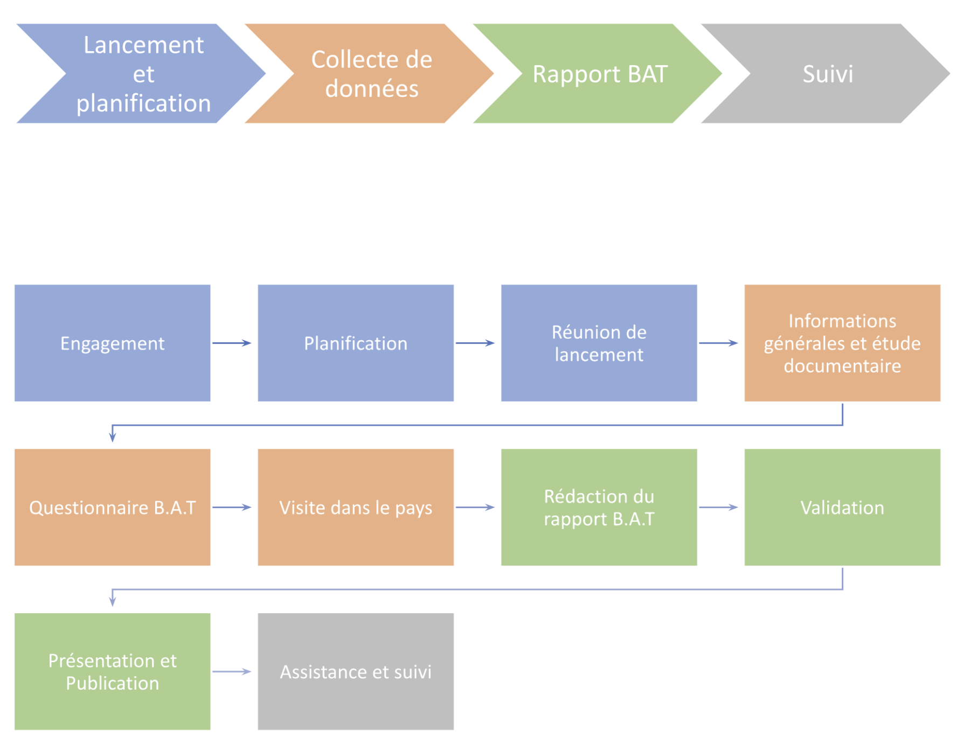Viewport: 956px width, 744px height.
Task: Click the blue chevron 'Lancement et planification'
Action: [143, 74]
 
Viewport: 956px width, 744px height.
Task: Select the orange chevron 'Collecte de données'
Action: [371, 74]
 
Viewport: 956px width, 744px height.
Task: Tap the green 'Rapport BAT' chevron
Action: [600, 74]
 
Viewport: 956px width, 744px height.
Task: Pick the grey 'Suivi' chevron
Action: [828, 74]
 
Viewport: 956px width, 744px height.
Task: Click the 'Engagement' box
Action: [112, 343]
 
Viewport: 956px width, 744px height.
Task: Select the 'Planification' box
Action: [356, 343]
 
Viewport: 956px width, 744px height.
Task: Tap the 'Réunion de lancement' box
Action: [599, 343]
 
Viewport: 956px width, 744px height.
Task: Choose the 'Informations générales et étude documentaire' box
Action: [842, 343]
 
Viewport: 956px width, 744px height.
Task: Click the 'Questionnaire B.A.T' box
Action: [112, 507]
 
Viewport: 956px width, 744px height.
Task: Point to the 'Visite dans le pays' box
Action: [356, 507]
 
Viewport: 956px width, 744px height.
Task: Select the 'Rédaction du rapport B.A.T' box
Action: [599, 507]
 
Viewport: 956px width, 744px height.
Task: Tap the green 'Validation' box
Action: [842, 507]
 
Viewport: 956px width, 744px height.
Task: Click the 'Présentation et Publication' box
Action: [112, 671]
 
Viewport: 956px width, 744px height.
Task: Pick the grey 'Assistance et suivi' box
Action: [356, 671]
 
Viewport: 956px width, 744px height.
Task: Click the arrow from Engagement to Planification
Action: [232, 343]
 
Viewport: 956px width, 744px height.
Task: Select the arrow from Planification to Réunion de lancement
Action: [475, 343]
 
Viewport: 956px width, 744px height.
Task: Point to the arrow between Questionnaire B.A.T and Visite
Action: [232, 507]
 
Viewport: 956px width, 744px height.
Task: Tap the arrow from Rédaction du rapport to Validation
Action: [718, 507]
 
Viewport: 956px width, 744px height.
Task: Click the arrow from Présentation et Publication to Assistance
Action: [232, 671]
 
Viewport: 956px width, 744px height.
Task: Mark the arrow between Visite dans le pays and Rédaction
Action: [475, 507]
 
